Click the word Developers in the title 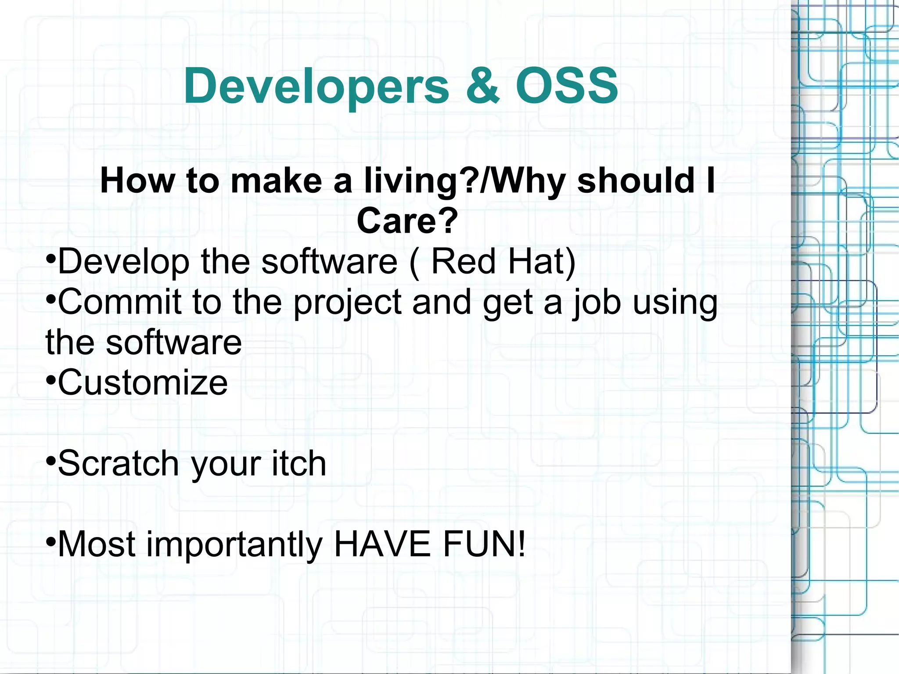(x=316, y=86)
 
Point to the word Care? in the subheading (x=407, y=221)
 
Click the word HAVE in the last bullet (x=382, y=544)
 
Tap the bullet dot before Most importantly (x=51, y=541)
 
